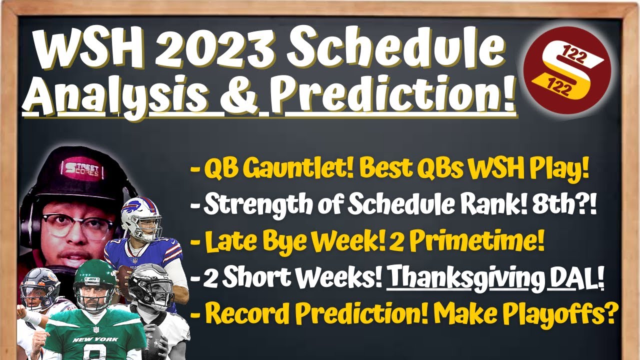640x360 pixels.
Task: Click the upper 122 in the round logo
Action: [573, 55]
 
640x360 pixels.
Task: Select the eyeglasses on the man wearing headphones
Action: [77, 226]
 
